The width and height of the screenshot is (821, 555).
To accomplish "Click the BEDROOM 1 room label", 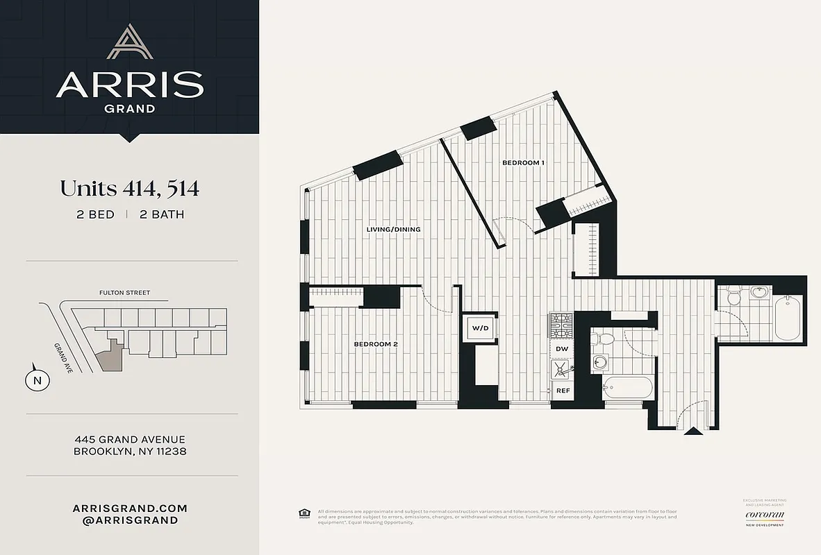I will (523, 163).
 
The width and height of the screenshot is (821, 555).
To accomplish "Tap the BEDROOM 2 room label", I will (375, 344).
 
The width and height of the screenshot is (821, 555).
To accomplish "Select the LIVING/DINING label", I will (393, 230).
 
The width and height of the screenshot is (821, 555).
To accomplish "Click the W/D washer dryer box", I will (480, 327).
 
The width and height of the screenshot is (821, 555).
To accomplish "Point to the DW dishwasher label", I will (562, 349).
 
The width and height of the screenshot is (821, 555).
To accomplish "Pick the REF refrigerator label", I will (563, 391).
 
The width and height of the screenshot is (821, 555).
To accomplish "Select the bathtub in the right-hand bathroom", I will (788, 318).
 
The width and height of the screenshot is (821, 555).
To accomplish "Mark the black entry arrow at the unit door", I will (693, 432).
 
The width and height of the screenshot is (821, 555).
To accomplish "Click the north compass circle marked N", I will (38, 379).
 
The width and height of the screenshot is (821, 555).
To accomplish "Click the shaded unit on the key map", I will (110, 354).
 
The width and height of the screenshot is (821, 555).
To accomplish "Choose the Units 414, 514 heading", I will (129, 188).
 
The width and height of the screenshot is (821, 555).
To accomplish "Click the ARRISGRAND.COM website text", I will (130, 508).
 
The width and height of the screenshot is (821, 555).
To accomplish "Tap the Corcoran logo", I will (764, 515).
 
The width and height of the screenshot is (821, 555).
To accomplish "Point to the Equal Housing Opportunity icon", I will (304, 513).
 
